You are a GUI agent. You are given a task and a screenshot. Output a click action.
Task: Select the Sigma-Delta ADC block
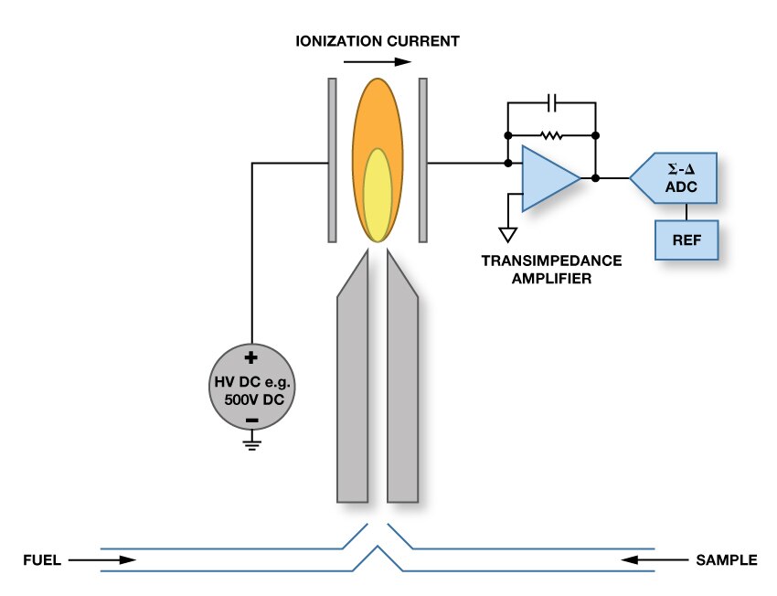coord(678,177)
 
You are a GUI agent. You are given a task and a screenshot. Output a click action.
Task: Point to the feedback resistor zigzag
coord(551,134)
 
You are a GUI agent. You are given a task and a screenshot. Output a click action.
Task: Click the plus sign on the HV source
coord(251,359)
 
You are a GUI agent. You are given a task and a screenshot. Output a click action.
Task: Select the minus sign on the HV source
coord(251,420)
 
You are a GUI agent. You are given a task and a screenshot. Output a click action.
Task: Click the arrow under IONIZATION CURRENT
coord(376,63)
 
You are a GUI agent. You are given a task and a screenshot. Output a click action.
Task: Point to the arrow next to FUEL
coord(101,559)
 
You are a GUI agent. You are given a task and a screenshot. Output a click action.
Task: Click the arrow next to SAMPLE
coord(651,559)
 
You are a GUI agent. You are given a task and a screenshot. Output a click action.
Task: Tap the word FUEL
coord(42,560)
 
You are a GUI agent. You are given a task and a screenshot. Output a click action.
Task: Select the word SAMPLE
coord(727,560)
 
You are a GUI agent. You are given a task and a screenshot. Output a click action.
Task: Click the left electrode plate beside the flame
coord(333,160)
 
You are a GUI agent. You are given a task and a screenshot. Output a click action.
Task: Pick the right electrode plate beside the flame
coord(423,160)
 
